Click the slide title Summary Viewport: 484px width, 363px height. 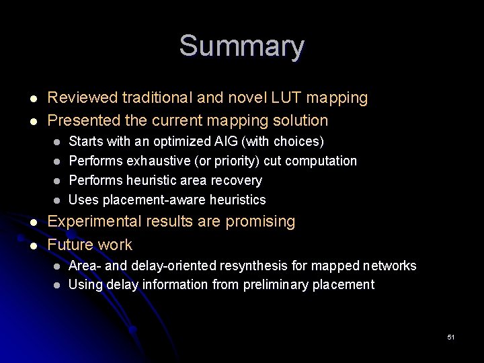[241, 46]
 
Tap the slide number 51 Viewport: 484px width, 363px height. [451, 336]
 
